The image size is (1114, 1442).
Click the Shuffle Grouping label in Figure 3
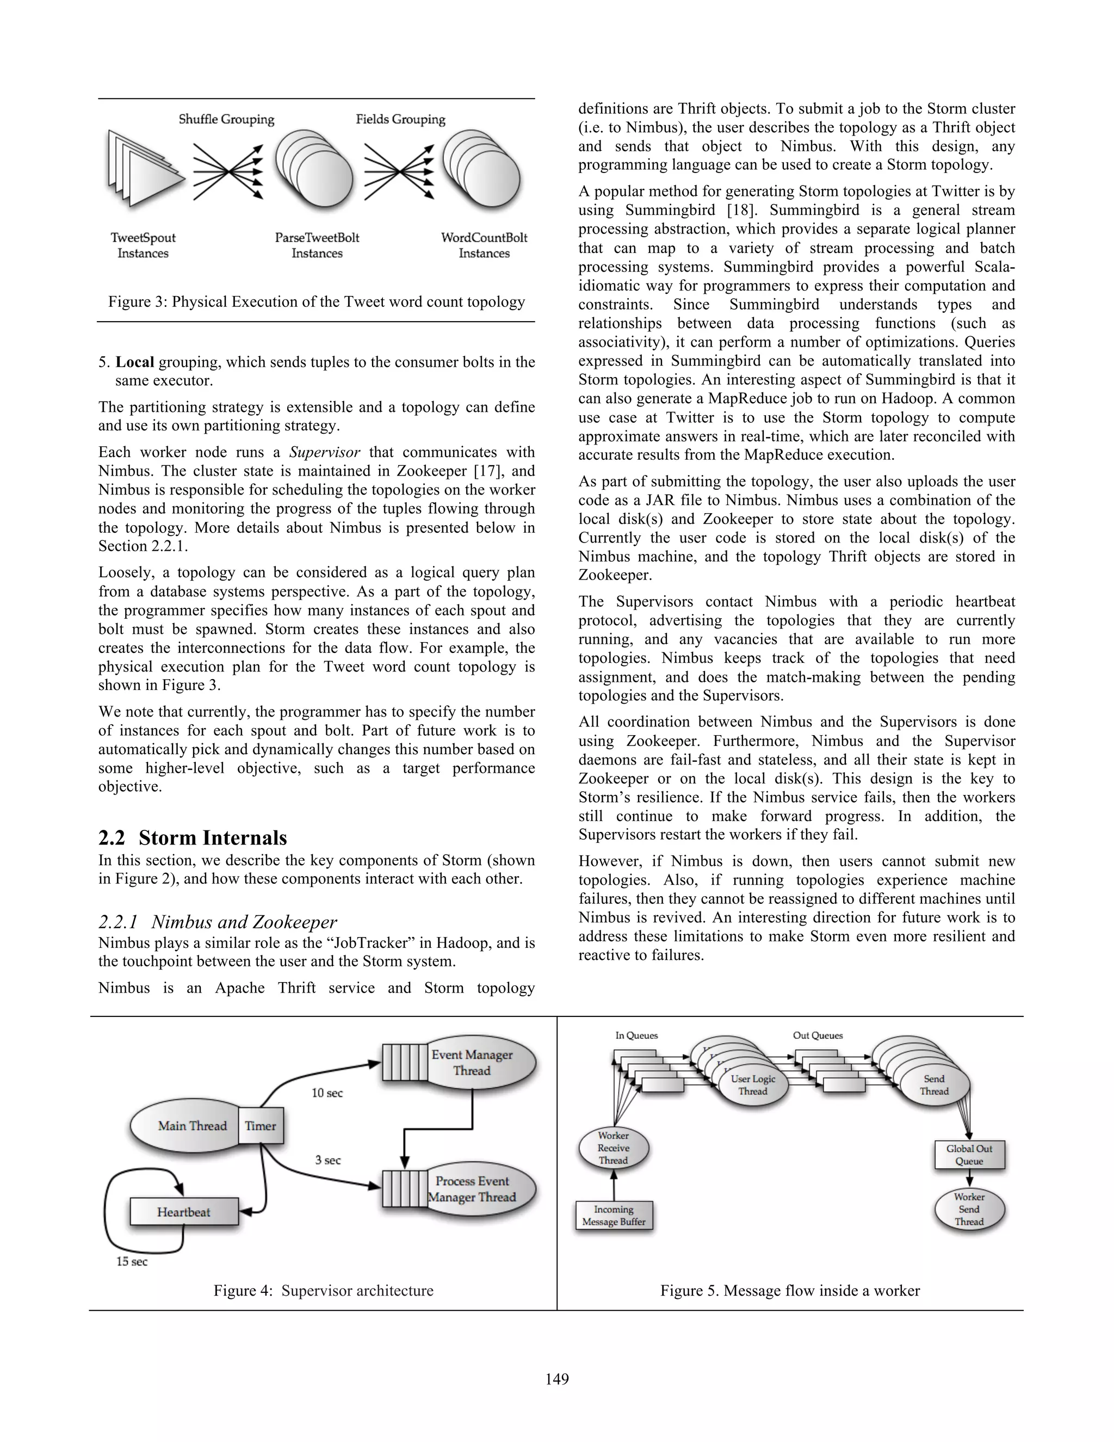(x=226, y=120)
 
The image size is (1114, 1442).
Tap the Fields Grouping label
(x=400, y=120)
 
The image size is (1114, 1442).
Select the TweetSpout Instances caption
(x=143, y=245)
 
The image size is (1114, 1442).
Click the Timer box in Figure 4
(x=261, y=1126)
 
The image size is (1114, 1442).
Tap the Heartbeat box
(x=183, y=1212)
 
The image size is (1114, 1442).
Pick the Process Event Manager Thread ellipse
(x=480, y=1189)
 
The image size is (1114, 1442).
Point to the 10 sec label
(x=327, y=1093)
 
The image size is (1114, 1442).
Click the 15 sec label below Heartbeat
(x=132, y=1261)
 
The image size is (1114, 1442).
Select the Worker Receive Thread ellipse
(x=613, y=1148)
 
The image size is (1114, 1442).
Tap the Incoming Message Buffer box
(x=614, y=1216)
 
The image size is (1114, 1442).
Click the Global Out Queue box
(x=969, y=1155)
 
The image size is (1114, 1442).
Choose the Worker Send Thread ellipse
(x=969, y=1209)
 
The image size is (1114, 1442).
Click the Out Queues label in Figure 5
(x=818, y=1036)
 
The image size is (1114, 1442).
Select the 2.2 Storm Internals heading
(x=193, y=838)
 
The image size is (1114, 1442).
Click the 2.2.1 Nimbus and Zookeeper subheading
(x=218, y=922)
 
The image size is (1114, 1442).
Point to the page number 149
(x=557, y=1379)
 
